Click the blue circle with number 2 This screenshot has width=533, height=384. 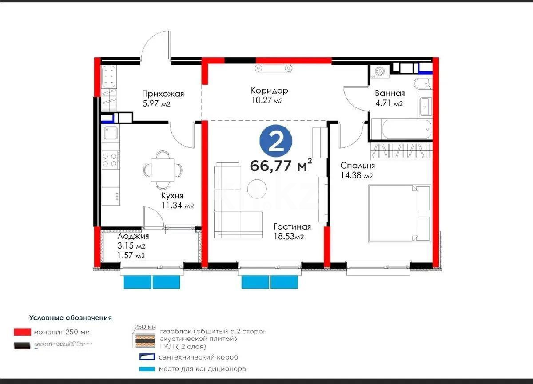[x=276, y=141]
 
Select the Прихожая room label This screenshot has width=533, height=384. [x=163, y=94]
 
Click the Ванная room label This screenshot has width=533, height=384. [x=390, y=93]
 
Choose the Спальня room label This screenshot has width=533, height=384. [x=358, y=166]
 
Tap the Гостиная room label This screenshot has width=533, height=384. [x=292, y=227]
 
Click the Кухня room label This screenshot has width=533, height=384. [x=172, y=196]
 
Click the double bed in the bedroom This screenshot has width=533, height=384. [x=399, y=214]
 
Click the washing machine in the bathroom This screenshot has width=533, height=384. [x=379, y=71]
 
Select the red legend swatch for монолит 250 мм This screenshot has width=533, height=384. [x=22, y=332]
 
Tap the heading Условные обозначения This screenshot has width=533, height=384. [x=70, y=318]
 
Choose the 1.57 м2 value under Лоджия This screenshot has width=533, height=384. [x=131, y=256]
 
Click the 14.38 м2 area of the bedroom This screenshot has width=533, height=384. [x=356, y=175]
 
